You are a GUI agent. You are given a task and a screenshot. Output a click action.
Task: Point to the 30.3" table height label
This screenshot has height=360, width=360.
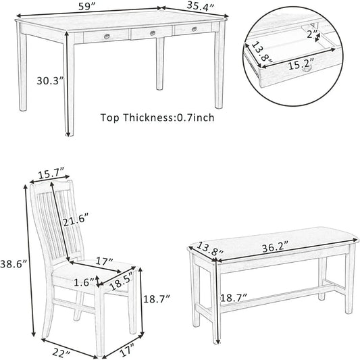point(51,80)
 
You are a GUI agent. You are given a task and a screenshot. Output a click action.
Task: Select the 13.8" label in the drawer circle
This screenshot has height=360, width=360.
point(259,54)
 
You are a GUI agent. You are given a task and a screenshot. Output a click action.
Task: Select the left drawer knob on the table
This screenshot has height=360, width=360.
point(107,36)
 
